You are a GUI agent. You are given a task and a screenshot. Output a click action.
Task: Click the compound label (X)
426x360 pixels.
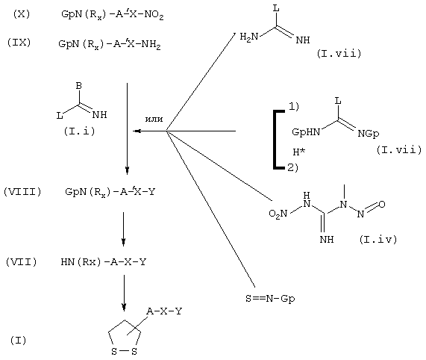[22, 14]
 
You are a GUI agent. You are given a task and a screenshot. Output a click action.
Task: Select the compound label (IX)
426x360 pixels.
[19, 43]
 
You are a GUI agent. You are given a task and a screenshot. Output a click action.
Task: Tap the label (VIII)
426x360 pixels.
[22, 192]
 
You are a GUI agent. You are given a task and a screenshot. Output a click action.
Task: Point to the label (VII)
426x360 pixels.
[21, 262]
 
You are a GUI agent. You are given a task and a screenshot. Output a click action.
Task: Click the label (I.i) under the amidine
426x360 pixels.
[80, 131]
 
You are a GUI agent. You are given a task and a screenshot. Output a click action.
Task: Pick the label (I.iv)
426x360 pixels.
[378, 239]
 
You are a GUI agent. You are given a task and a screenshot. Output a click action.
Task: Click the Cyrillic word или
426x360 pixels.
[154, 119]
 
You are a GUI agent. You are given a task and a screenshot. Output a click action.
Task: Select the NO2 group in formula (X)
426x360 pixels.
[154, 15]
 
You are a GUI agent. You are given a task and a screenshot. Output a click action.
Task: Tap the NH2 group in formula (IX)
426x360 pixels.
[151, 45]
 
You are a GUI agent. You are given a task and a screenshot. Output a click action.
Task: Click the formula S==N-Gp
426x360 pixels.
[270, 299]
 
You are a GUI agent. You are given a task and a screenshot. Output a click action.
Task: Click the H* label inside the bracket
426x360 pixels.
[299, 152]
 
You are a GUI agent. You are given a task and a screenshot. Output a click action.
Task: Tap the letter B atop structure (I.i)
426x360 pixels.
[79, 86]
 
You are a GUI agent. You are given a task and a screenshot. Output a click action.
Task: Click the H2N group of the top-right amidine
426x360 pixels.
[249, 37]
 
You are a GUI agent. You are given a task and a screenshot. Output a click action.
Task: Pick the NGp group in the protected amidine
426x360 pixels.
[369, 134]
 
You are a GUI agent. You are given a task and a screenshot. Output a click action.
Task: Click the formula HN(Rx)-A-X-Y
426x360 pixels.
[104, 262]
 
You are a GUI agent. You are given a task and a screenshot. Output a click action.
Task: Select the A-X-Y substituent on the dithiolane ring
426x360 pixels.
[164, 311]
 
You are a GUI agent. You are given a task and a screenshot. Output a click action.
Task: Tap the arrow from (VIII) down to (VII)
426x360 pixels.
[124, 229]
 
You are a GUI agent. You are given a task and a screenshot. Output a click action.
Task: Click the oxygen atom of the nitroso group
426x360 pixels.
[382, 204]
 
